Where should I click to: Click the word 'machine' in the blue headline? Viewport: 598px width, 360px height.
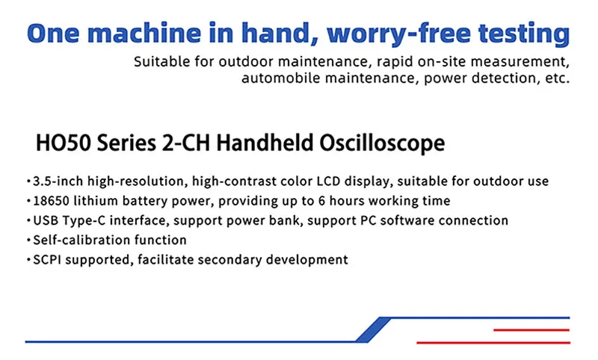point(144,33)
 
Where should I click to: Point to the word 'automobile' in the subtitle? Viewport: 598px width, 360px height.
point(281,78)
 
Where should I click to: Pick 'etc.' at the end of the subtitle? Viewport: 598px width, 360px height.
point(558,78)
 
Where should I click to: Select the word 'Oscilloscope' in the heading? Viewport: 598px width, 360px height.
point(382,143)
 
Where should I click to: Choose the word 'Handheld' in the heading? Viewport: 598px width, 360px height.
point(265,143)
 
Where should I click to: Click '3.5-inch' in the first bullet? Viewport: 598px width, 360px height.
point(58,181)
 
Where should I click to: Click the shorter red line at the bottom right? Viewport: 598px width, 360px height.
point(531,330)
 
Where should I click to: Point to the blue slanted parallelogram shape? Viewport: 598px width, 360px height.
point(373,329)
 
